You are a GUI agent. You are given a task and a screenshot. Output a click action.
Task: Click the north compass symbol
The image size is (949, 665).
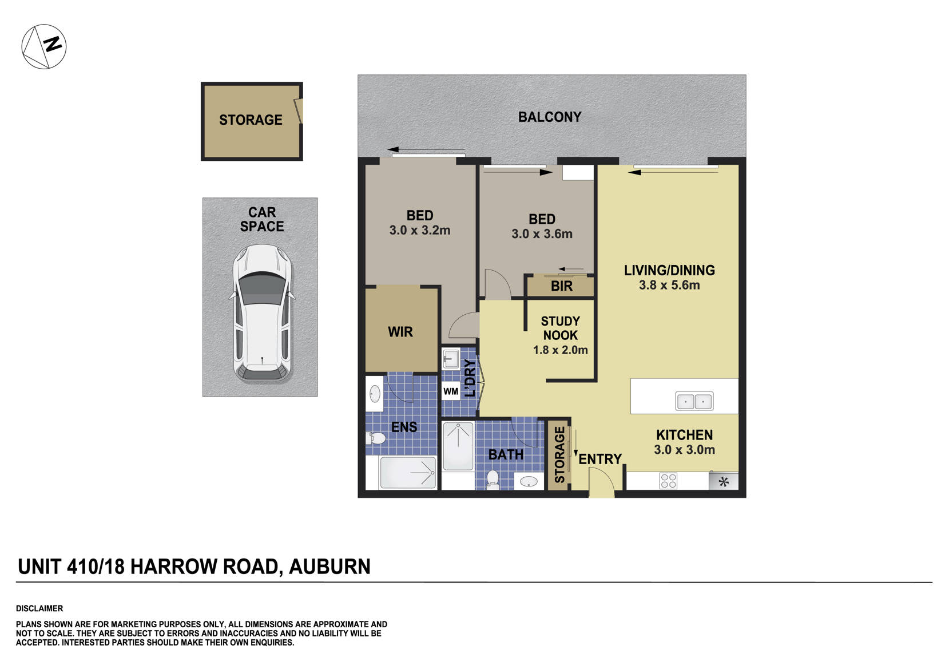[44, 47]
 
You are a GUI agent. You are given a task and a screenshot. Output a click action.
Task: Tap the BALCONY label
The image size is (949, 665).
[549, 117]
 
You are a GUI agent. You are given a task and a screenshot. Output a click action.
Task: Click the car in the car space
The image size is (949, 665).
[262, 314]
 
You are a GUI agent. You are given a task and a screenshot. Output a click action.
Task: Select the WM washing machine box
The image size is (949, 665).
[451, 391]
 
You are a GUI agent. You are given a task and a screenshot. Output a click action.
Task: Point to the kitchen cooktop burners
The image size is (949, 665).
[668, 480]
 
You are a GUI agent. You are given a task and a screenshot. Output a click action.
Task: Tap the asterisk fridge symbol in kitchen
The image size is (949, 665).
[723, 481]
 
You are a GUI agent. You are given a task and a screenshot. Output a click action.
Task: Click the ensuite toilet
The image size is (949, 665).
[376, 439]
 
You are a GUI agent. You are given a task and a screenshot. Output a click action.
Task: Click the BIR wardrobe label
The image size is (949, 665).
[561, 287]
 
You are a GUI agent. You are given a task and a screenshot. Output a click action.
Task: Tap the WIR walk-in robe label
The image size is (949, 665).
[400, 332]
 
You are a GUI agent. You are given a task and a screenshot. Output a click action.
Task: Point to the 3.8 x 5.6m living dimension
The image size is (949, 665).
[669, 285]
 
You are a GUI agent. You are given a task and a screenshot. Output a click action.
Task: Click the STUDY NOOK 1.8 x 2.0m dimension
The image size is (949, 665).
[560, 350]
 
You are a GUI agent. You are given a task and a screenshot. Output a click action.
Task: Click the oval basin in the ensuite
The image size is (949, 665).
[375, 394]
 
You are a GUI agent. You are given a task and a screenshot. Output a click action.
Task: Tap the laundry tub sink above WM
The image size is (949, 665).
[451, 359]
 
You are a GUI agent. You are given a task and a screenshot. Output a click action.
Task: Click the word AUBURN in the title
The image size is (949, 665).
[329, 567]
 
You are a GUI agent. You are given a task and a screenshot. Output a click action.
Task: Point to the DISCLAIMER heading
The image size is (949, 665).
[39, 608]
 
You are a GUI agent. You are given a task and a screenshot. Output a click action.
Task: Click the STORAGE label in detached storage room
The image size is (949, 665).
[251, 120]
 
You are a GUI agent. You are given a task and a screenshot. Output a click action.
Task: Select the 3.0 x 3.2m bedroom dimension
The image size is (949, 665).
[419, 231]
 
